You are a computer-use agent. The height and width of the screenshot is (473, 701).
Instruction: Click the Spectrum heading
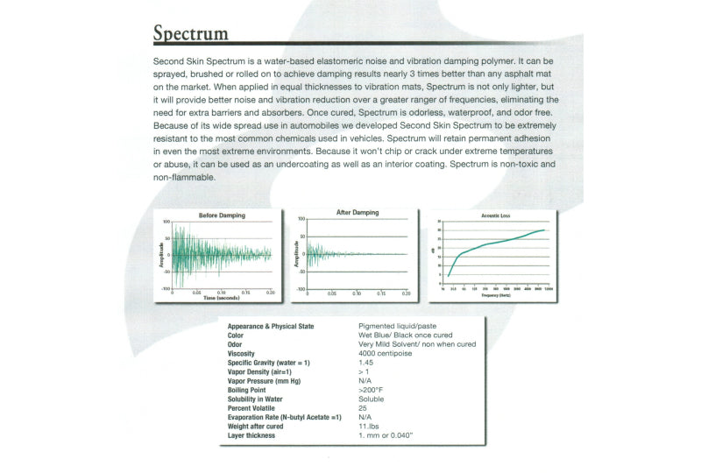pos(191,34)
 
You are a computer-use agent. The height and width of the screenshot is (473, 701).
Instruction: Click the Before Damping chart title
pos(222,215)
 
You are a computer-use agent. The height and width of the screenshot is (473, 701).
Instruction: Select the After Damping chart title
pos(358,213)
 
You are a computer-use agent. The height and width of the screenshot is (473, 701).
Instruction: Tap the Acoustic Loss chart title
pos(497,215)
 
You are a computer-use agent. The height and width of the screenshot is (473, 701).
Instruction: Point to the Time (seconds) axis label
pos(221,298)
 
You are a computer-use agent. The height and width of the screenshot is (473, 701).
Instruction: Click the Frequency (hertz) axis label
pos(496,296)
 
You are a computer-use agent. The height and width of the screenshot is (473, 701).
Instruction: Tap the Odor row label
pos(236,344)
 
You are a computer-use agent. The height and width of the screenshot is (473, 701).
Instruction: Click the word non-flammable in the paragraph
pos(178,179)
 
